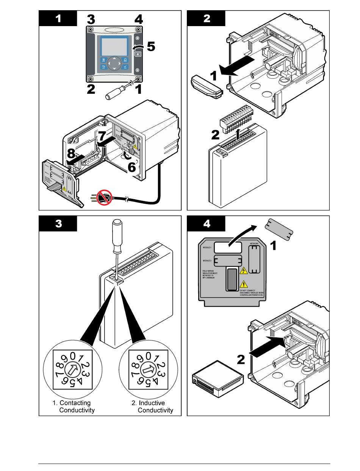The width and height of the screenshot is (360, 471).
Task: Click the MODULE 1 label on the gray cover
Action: (x=207, y=247)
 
